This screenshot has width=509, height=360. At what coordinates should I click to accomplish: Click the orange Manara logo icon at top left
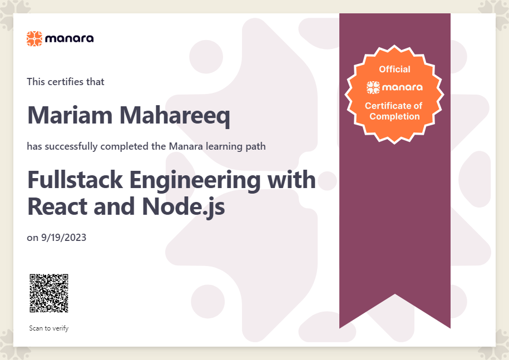click(34, 38)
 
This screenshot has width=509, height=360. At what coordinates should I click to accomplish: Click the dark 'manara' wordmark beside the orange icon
click(70, 38)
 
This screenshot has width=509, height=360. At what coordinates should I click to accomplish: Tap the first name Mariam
click(70, 115)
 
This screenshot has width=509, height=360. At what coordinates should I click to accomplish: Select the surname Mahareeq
click(175, 116)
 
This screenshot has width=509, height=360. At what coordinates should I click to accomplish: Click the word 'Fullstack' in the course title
click(75, 179)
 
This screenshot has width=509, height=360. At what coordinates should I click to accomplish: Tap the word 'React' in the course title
click(58, 206)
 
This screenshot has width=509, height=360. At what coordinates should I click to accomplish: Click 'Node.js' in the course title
click(184, 208)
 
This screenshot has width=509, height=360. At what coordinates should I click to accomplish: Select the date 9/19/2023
click(63, 238)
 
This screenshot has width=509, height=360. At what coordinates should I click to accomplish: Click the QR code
click(49, 293)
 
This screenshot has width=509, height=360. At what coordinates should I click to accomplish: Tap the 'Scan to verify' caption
click(49, 328)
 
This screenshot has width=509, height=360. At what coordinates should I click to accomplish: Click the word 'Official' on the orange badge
click(395, 69)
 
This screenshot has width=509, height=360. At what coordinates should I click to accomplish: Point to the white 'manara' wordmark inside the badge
click(403, 87)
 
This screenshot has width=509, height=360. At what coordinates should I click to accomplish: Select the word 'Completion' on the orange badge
click(395, 116)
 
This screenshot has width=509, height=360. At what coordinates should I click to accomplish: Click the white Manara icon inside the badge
click(373, 87)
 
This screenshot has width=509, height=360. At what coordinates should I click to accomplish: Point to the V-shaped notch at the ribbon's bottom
click(395, 294)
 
